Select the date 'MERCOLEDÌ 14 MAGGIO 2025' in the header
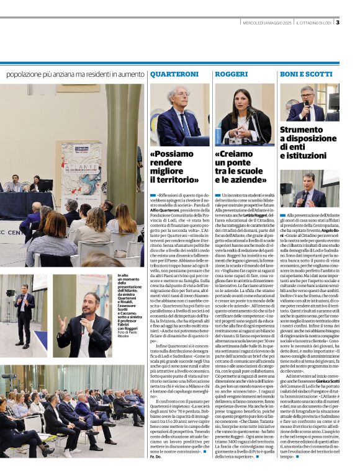tap(267, 24)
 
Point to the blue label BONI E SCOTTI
tap(306, 74)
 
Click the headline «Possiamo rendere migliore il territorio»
tap(174, 166)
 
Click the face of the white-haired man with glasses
tap(180, 99)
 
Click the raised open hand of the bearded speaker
tap(63, 322)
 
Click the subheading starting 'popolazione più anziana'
tap(74, 74)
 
